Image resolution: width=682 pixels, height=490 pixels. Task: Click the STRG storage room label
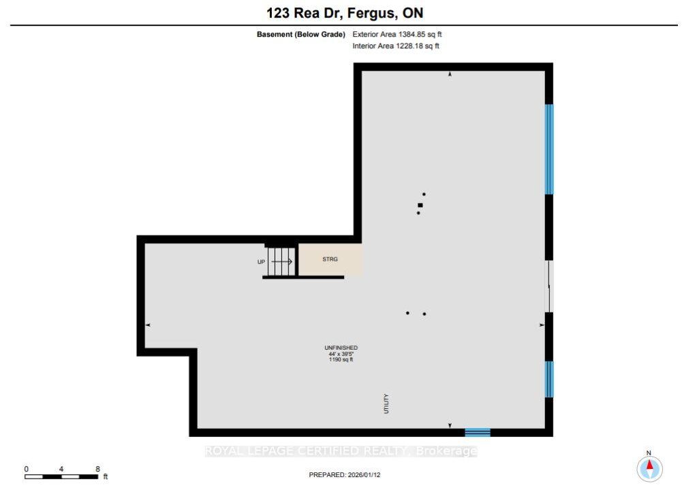coord(330,259)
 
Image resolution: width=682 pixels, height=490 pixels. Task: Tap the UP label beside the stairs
coord(261,262)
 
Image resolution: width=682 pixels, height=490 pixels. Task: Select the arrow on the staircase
coord(282,261)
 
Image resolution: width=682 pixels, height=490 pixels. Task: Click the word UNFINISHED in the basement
coord(341,348)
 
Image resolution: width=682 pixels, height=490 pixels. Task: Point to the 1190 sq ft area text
coord(341,360)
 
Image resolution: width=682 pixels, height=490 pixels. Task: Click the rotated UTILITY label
coord(386,404)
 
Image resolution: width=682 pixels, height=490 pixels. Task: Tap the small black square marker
coord(420,205)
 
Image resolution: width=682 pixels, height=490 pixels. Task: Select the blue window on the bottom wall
coord(478,432)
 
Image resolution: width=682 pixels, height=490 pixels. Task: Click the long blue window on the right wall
coord(549,149)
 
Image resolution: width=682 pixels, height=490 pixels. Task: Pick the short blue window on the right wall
coord(549,379)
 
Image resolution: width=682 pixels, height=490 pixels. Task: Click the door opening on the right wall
coord(549,287)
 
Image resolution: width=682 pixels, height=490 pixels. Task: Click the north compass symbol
coord(649,468)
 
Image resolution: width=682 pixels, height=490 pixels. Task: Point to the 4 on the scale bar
coord(61,469)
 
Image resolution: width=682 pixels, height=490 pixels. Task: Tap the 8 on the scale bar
coord(98,469)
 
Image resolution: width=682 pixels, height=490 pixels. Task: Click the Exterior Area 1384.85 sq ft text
coord(397,34)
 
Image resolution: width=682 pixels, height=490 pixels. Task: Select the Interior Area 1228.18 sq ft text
coord(396,46)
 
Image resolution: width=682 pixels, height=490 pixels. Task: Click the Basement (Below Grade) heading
coord(301,34)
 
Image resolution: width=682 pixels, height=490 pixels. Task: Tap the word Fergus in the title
coord(372,13)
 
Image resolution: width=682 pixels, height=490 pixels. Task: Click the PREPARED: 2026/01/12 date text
coord(345,475)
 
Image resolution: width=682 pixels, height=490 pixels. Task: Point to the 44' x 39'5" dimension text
coord(341,354)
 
